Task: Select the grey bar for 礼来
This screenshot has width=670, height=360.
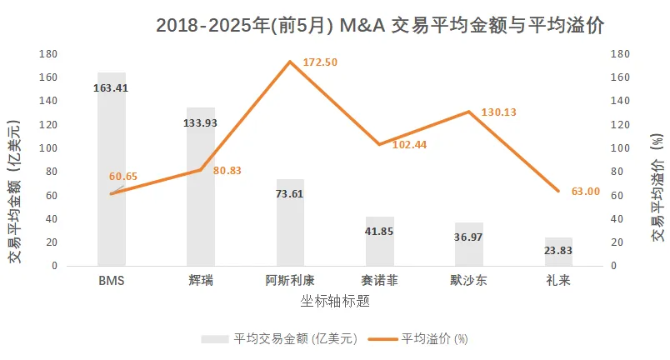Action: tap(559, 253)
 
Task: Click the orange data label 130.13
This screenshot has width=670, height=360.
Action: tap(498, 112)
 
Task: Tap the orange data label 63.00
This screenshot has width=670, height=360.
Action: tap(584, 191)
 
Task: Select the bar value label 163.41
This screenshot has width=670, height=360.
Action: tap(111, 87)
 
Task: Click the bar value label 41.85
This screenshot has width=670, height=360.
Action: tap(380, 231)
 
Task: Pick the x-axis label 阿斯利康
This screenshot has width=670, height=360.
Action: tap(291, 281)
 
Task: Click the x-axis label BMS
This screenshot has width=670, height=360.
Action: tap(111, 281)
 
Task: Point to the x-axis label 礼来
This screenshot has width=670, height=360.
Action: tap(559, 281)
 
